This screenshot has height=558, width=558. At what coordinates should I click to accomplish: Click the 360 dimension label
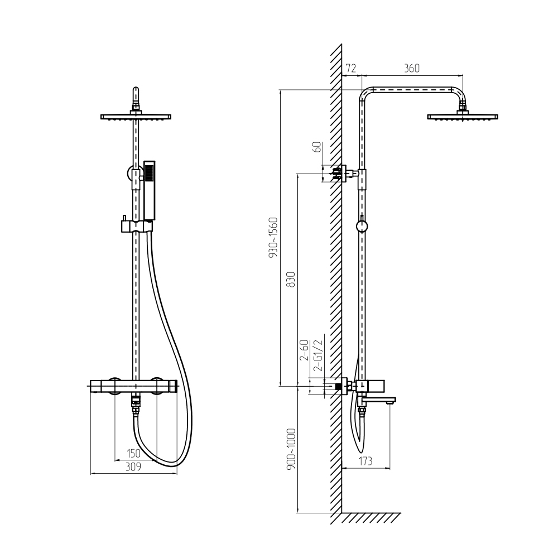click(x=412, y=68)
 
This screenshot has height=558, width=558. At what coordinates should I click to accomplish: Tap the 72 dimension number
click(x=351, y=68)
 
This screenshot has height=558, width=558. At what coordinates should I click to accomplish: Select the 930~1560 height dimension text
click(x=273, y=237)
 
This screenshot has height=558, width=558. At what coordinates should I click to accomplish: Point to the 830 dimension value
click(x=291, y=280)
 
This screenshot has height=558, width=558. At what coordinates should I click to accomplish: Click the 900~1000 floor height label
click(x=291, y=449)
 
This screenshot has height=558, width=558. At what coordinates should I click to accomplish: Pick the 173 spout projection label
click(x=365, y=461)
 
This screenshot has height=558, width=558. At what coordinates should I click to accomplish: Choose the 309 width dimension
click(x=133, y=466)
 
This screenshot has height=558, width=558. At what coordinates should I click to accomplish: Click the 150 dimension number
click(x=133, y=453)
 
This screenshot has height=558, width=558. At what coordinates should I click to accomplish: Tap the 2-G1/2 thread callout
click(x=319, y=355)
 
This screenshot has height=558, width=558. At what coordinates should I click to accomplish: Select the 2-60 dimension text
click(x=305, y=350)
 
